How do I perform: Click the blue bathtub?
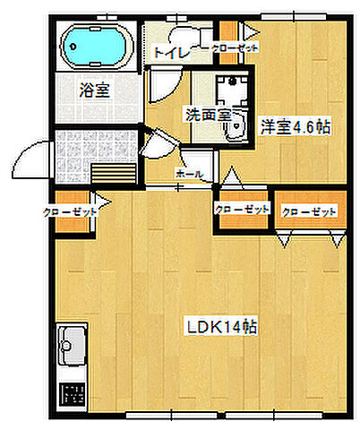(x=98, y=45)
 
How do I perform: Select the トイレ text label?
(x=171, y=53)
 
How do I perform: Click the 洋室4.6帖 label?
(x=296, y=126)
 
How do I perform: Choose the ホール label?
(x=189, y=173)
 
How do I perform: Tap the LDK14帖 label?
(x=222, y=327)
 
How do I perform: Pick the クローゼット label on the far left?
(x=72, y=212)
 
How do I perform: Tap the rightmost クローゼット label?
(x=309, y=212)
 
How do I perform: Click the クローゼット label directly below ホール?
(x=242, y=210)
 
